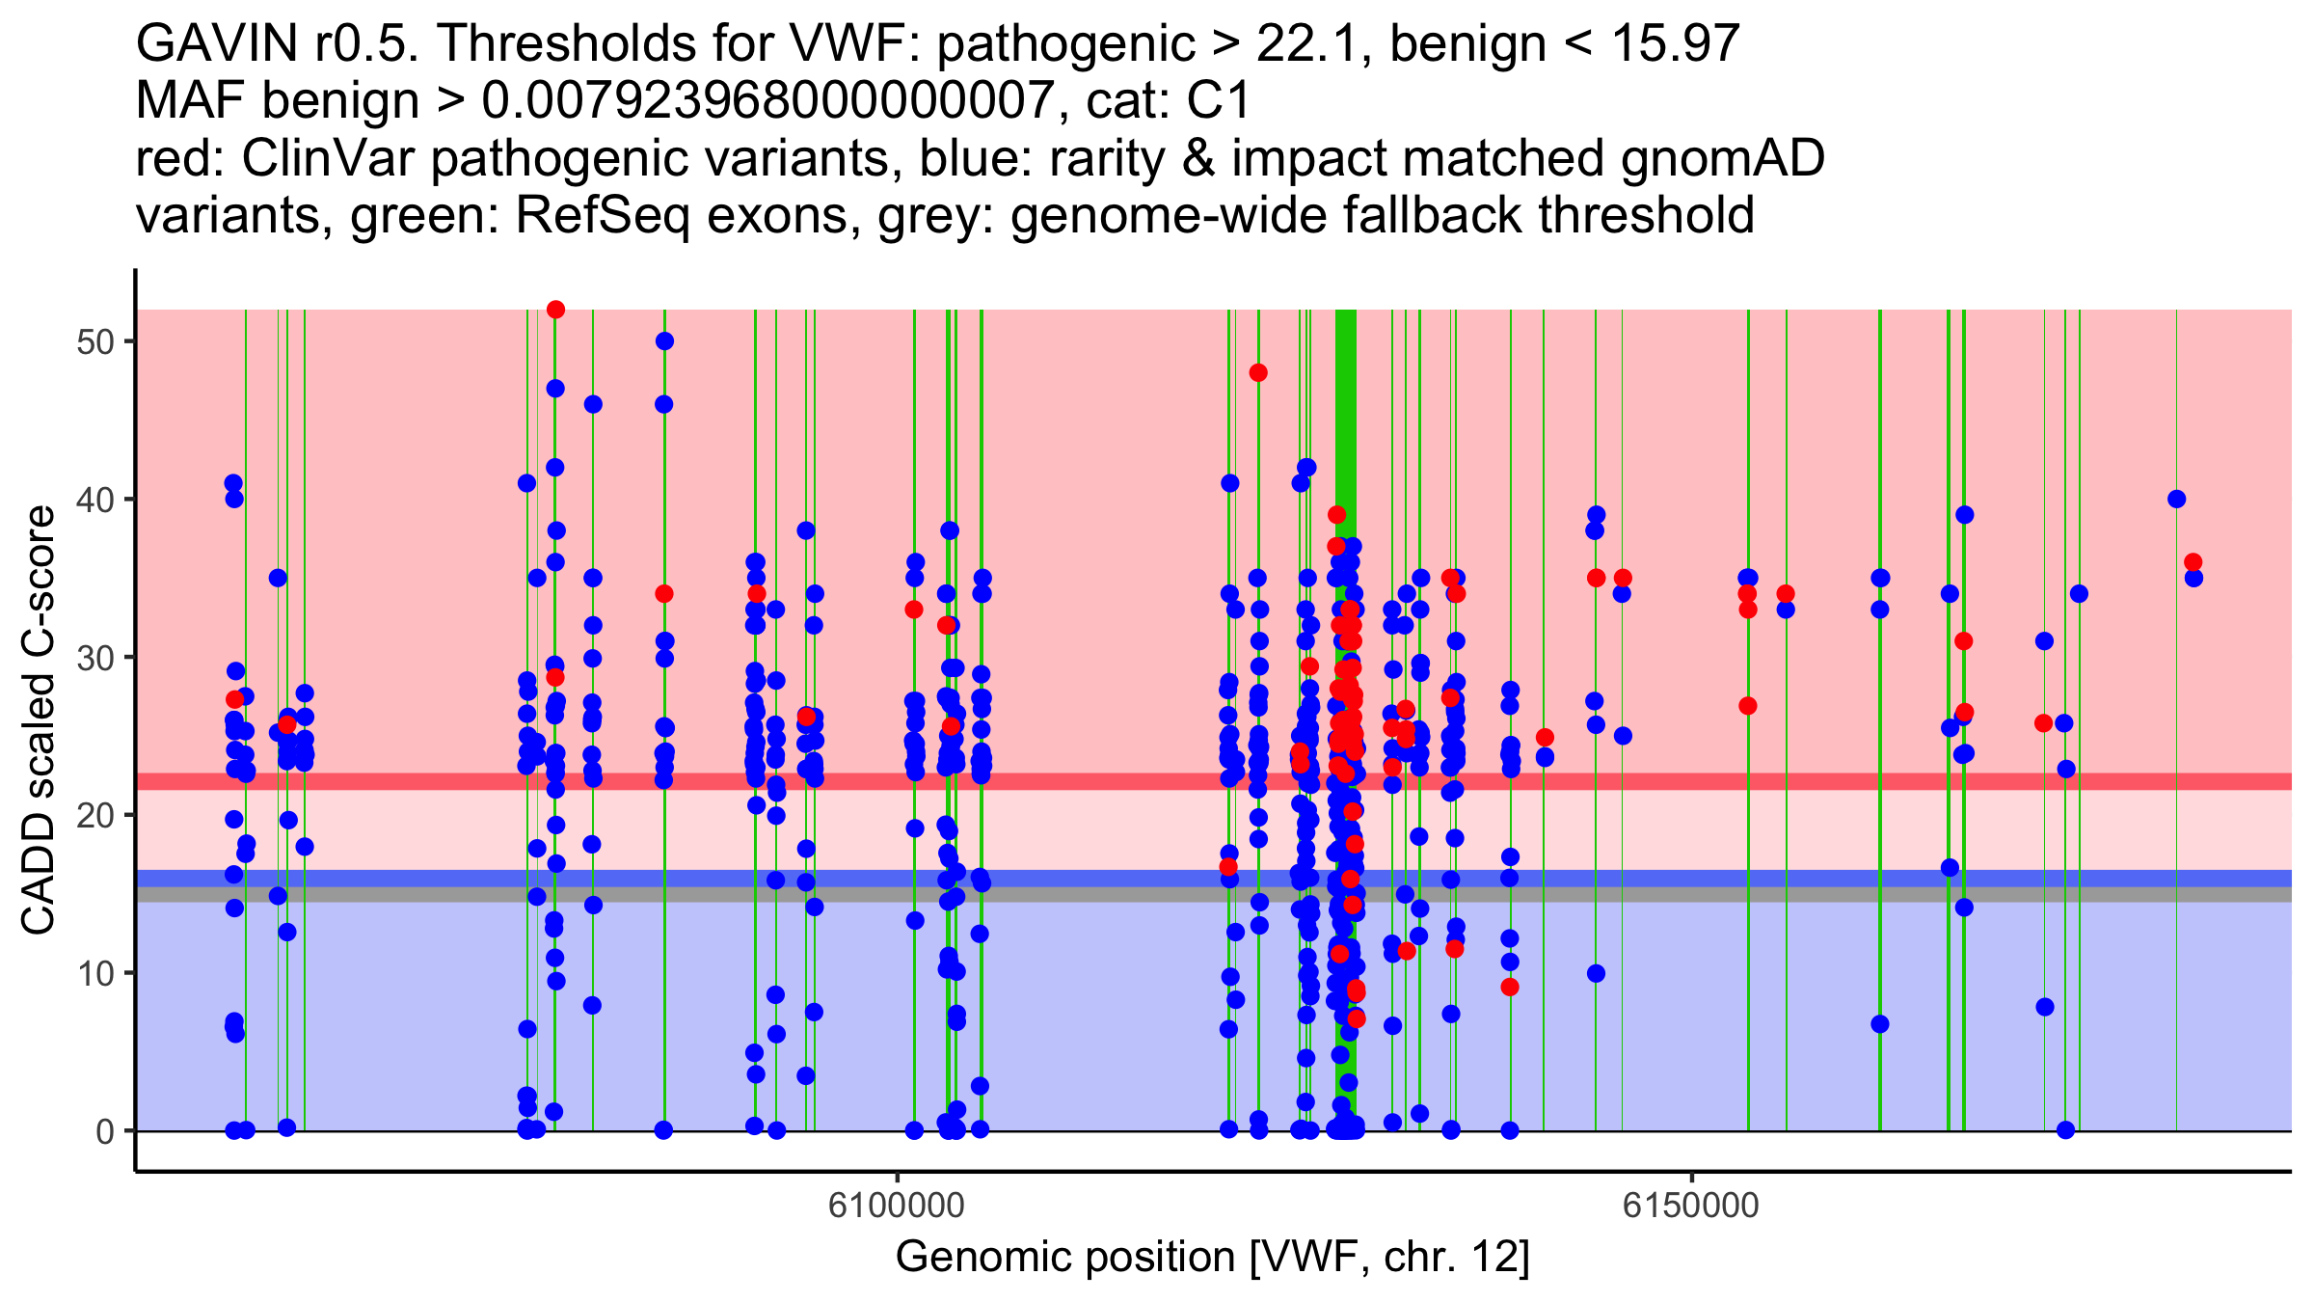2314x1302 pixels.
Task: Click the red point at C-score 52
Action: [555, 310]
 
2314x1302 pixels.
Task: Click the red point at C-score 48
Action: [1258, 373]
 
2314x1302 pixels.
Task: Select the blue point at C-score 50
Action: [664, 341]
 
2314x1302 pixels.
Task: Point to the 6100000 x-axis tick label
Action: [897, 1205]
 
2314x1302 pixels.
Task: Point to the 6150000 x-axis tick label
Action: [1691, 1205]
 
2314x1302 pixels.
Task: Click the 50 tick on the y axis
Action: [94, 342]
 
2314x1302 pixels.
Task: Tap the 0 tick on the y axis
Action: [104, 1131]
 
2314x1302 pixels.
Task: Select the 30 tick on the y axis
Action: [94, 658]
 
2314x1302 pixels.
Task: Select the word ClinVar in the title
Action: [328, 158]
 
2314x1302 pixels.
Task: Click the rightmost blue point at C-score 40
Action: [2176, 500]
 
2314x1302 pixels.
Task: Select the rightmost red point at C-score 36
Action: [2193, 562]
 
